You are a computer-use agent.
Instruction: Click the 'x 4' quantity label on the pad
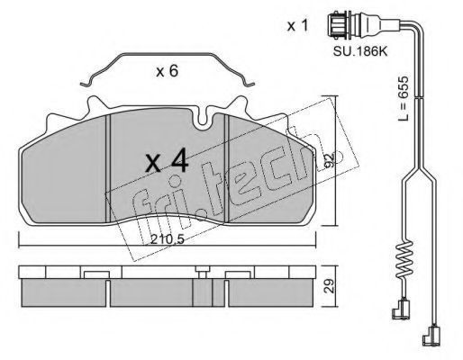point(167,162)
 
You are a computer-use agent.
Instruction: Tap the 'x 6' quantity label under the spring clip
point(168,71)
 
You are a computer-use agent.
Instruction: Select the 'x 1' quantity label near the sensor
point(297,26)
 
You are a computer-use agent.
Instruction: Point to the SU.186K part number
point(360,51)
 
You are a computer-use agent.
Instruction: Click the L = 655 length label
point(404,98)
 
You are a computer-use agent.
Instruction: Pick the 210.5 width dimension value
point(167,239)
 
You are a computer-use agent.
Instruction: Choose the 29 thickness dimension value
point(329,285)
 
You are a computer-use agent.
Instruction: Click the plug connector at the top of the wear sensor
point(340,24)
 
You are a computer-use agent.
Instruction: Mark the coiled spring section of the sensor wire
point(404,259)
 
